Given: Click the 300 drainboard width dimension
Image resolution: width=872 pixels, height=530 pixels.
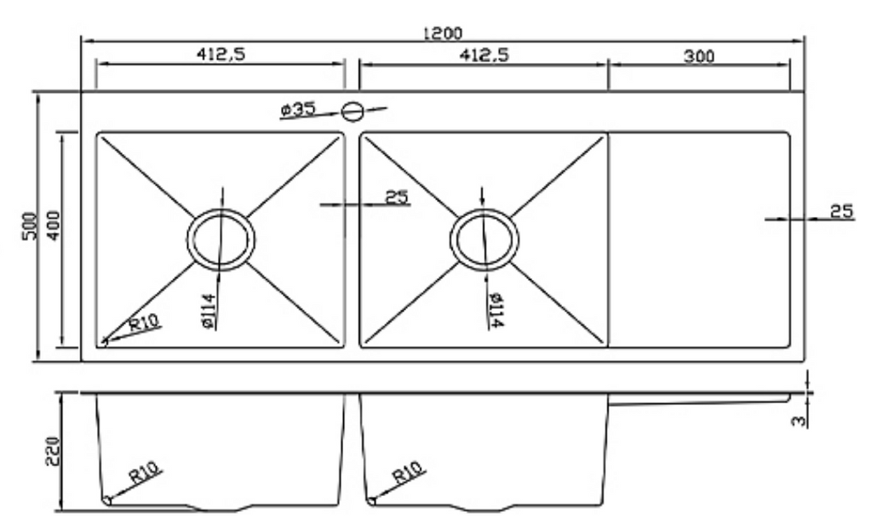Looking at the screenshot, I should [x=698, y=56].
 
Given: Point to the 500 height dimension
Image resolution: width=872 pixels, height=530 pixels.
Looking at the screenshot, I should [x=29, y=226].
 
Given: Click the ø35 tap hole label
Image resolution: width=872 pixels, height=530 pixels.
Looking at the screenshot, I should [x=297, y=110].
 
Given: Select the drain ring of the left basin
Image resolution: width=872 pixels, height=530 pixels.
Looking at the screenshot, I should [x=221, y=240].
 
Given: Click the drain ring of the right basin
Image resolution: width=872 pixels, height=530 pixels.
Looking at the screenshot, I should [x=484, y=240].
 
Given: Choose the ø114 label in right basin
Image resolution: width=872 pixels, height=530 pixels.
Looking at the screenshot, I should [x=494, y=310].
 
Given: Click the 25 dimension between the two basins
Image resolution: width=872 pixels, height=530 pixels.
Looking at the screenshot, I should [x=397, y=197].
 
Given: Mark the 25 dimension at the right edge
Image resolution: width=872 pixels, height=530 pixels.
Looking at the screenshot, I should [x=842, y=211].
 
